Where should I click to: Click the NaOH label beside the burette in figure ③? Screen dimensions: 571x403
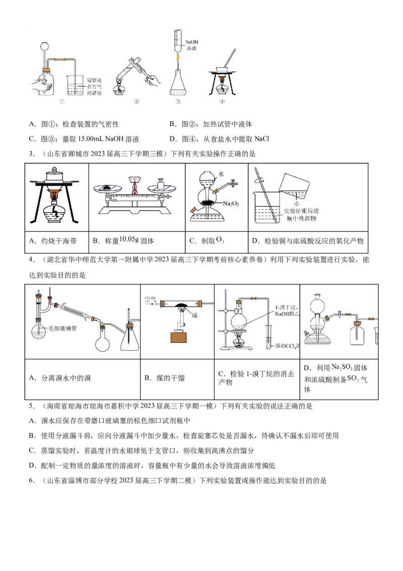[191, 42]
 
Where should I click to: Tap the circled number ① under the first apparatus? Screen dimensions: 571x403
[62, 101]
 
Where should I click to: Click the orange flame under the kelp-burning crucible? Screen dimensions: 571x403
[54, 194]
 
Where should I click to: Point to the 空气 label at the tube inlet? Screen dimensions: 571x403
[150, 299]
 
